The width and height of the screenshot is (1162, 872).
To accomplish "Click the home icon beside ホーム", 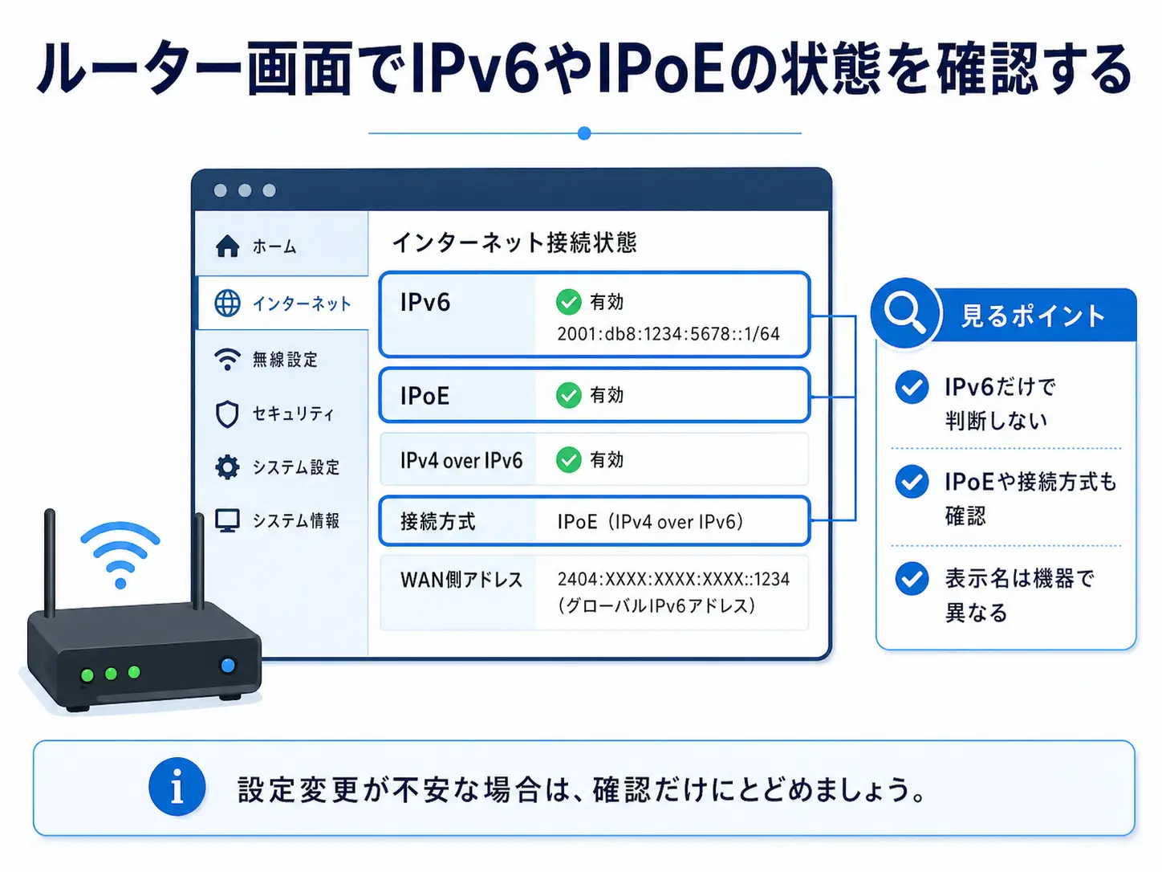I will tap(227, 246).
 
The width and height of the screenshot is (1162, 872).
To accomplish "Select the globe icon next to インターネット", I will tap(227, 304).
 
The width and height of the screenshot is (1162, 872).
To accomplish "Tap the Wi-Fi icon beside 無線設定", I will tap(227, 359).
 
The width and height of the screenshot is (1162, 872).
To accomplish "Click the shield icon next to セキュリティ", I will tap(227, 414).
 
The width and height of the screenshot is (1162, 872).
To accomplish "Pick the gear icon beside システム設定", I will tap(227, 467).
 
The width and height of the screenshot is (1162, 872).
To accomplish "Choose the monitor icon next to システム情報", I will tap(227, 520).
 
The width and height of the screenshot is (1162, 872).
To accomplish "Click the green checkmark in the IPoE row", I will tap(568, 395).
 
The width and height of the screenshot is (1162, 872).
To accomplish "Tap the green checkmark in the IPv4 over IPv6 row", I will tap(568, 460).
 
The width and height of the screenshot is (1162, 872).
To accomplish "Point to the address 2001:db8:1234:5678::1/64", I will tap(668, 334).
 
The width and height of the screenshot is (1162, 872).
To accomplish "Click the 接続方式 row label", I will tap(437, 522).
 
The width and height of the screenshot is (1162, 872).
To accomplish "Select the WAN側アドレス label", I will tap(461, 580).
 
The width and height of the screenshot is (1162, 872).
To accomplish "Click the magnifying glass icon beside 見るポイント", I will tap(904, 312).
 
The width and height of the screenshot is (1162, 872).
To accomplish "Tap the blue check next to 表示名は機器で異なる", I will tap(912, 578).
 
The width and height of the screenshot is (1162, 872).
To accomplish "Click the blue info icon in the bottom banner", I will tap(177, 787).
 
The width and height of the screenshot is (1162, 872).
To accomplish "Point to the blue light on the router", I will tap(228, 665).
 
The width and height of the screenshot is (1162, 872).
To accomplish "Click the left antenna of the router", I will tap(50, 562).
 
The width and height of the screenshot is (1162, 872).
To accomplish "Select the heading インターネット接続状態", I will tap(514, 242).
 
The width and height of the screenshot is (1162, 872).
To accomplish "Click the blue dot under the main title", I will tap(584, 133).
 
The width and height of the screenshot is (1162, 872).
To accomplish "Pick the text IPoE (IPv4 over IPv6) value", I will tap(650, 522).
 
